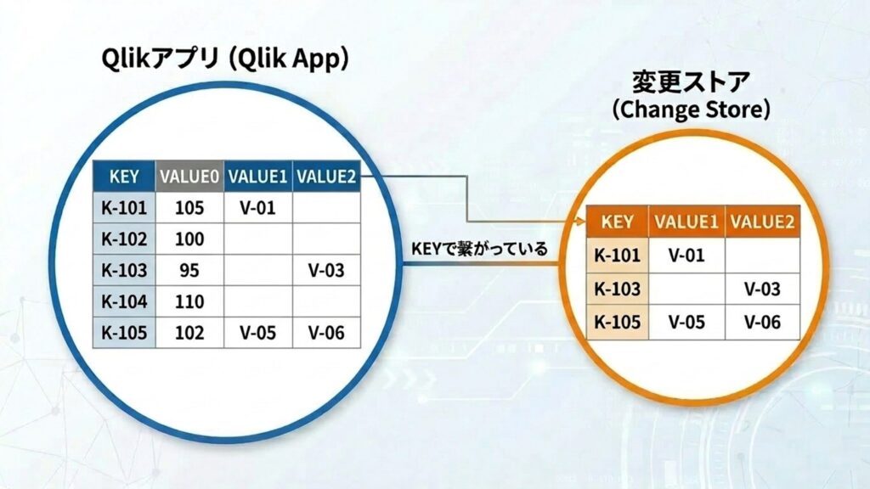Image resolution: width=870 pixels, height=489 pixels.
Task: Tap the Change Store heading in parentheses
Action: [692, 110]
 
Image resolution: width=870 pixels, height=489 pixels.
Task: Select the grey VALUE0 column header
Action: [189, 177]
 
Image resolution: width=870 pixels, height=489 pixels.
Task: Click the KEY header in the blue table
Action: [124, 177]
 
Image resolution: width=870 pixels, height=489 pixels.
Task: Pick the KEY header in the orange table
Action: [618, 222]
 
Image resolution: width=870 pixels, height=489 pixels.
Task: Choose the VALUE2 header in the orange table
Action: [762, 222]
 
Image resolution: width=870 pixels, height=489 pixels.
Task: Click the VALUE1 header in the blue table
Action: [258, 177]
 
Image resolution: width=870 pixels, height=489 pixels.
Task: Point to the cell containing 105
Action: [189, 208]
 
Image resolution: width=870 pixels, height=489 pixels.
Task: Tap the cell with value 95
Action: [189, 271]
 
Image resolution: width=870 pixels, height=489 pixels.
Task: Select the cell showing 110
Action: [189, 301]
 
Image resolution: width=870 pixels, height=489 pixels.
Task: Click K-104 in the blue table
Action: [124, 301]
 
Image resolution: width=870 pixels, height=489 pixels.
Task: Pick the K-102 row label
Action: [124, 239]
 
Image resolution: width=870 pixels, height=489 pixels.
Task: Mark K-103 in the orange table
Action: [618, 289]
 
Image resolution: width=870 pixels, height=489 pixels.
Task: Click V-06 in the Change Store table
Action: [762, 322]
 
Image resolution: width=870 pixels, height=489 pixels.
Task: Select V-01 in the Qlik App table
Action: [258, 208]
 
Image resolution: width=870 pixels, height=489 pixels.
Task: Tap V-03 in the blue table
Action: [326, 271]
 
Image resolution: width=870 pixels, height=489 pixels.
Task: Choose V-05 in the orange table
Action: [686, 322]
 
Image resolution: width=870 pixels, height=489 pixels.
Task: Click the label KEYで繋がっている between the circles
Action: [479, 249]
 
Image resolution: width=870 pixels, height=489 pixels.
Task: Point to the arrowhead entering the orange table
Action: [581, 222]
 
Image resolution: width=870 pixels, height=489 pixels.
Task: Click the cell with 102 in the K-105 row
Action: [189, 333]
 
